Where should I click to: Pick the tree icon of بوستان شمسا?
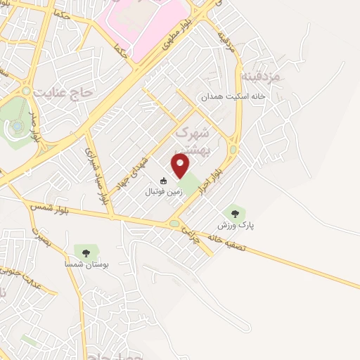[x=86, y=250]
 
